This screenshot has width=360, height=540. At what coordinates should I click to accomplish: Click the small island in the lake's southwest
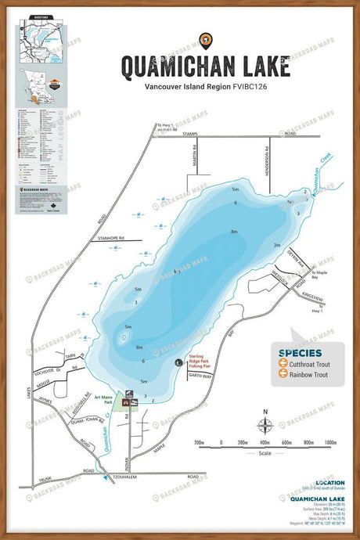point(123,338)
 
